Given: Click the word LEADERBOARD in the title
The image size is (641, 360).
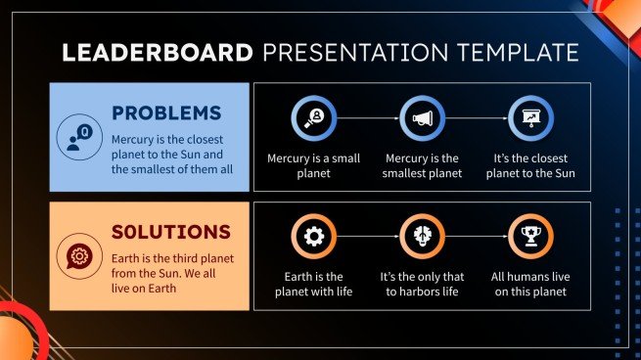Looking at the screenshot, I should tap(156, 51).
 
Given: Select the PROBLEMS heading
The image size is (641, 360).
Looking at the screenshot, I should tap(165, 112).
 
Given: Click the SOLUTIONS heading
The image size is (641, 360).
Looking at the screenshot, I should tap(170, 232).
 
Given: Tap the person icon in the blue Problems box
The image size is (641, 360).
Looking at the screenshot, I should tap(77, 136).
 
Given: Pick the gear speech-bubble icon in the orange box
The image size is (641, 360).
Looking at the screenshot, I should tap(77, 254).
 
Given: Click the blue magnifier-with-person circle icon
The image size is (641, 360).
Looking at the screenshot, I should tap(314, 119).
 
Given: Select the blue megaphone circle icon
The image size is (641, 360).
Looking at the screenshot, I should tap(423, 119).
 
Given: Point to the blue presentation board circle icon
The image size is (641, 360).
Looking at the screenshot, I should tap(531, 119).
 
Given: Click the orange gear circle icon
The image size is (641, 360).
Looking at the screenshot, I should tap(314, 237).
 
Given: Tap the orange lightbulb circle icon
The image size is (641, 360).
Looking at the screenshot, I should tap(423, 237).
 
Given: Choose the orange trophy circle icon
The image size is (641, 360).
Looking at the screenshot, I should tap(531, 237).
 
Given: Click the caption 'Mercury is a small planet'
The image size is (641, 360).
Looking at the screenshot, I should tap(314, 165).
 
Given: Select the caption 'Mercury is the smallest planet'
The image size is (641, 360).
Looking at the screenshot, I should tap(423, 165).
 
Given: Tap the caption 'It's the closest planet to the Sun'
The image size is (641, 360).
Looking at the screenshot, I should tap(531, 165).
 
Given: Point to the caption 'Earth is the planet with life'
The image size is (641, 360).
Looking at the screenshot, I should tap(314, 284).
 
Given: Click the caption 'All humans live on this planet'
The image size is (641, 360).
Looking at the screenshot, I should tap(531, 284).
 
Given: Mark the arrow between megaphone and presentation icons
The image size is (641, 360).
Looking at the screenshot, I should tap(477, 119).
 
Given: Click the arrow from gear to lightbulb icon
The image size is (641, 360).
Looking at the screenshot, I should tap(368, 237).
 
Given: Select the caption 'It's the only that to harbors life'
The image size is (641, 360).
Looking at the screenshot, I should tap(423, 284).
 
